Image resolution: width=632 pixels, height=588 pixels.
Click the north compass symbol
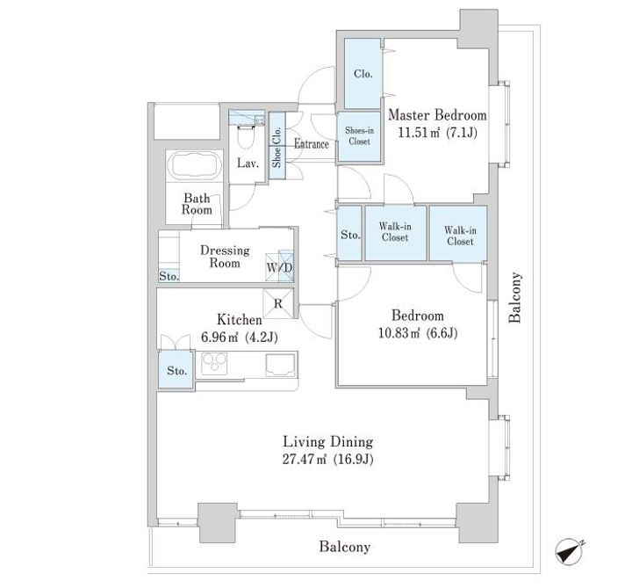569,552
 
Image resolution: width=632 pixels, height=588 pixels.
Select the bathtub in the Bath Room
194,166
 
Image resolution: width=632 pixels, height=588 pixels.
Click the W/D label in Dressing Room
279,267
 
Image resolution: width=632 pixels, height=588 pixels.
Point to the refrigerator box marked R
278,304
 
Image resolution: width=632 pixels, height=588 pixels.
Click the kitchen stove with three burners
214,364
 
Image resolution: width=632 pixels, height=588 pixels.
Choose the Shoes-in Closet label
359,136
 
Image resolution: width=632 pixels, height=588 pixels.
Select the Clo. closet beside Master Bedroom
363,74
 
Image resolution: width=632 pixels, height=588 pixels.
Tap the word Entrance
311,144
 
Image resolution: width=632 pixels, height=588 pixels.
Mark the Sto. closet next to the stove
176,371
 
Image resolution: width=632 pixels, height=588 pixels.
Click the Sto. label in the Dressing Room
169,277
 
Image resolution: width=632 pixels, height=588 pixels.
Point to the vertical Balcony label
514,297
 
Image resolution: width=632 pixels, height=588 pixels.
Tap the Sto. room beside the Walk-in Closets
350,233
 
